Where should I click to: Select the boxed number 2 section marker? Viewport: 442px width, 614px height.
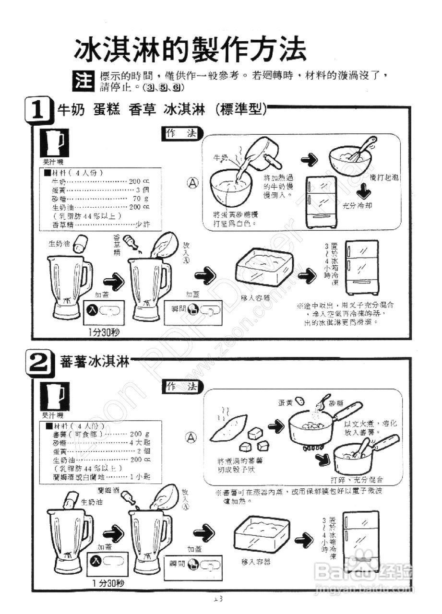pos(38,364)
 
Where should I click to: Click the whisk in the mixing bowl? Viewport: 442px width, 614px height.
pos(362,149)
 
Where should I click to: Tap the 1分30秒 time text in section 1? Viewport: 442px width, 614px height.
pos(104,332)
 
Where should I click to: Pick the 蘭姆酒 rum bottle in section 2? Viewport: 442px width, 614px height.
pos(129,498)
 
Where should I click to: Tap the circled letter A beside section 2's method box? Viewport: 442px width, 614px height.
pos(192,437)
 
